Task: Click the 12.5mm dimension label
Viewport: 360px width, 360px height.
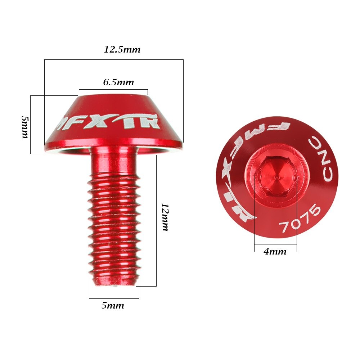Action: point(122,50)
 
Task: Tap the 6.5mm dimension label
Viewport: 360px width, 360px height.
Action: point(118,82)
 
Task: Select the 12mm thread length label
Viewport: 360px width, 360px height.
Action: point(165,217)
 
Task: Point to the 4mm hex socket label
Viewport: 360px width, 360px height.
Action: point(275,252)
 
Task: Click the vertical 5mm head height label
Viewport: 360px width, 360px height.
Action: point(25,127)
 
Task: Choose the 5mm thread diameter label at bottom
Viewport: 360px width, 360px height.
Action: point(113,306)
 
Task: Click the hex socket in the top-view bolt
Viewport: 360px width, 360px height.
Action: point(275,175)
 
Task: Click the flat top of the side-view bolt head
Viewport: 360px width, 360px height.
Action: point(113,95)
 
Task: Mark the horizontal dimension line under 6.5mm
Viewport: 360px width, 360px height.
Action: point(113,89)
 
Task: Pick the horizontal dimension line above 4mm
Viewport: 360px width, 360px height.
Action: point(275,245)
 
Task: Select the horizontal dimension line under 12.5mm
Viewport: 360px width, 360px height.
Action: point(114,59)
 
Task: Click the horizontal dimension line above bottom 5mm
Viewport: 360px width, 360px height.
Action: point(114,298)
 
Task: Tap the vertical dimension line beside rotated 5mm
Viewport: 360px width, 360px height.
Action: point(31,125)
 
